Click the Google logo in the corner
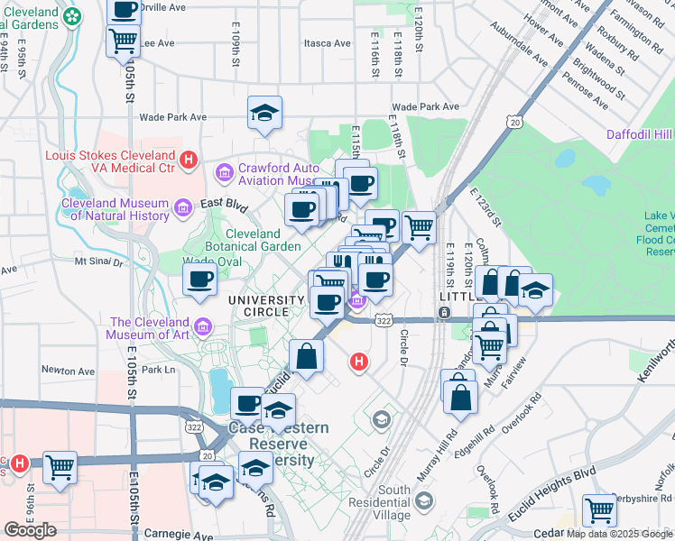click(30, 530)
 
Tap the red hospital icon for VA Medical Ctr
click(189, 160)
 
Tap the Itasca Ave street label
click(328, 42)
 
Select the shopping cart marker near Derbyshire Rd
click(599, 509)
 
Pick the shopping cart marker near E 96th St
click(60, 467)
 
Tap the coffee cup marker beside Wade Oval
click(200, 280)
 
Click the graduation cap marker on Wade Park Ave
click(264, 113)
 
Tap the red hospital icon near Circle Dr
click(359, 362)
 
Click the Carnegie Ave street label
click(176, 535)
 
